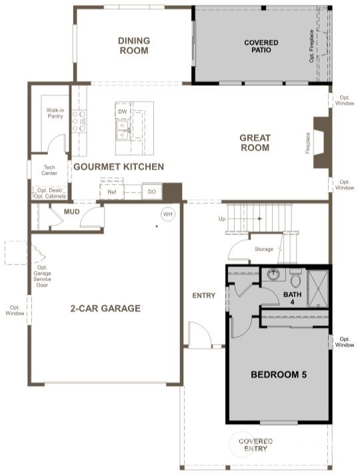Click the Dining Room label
pyautogui.click(x=134, y=45)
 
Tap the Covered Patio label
pyautogui.click(x=261, y=46)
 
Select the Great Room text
pyautogui.click(x=255, y=143)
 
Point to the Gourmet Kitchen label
pyautogui.click(x=119, y=167)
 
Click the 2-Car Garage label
pyautogui.click(x=105, y=309)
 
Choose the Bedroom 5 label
pyautogui.click(x=278, y=375)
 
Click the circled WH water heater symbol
pyautogui.click(x=167, y=214)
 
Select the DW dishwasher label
pyautogui.click(x=123, y=112)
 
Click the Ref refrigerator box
pyautogui.click(x=112, y=192)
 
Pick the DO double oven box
pyautogui.click(x=152, y=192)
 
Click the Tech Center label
pyautogui.click(x=50, y=170)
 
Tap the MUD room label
pyautogui.click(x=72, y=212)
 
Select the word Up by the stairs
pyautogui.click(x=222, y=219)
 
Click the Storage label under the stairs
pyautogui.click(x=264, y=249)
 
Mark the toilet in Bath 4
pyautogui.click(x=296, y=278)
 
